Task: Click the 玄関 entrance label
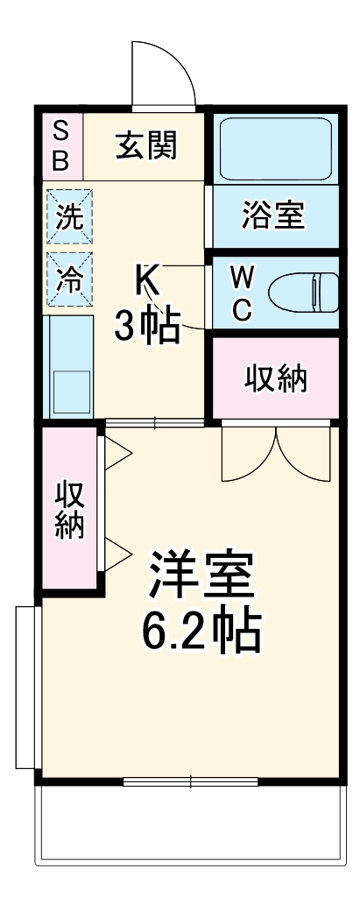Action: click(x=145, y=145)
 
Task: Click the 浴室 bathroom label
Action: click(x=272, y=215)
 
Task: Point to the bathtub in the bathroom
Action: click(x=272, y=146)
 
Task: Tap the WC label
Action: click(x=243, y=293)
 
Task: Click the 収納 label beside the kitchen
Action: click(x=274, y=379)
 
